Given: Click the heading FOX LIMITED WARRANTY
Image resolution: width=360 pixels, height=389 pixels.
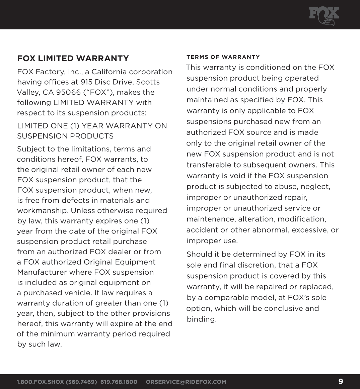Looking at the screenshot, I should [x=73, y=59].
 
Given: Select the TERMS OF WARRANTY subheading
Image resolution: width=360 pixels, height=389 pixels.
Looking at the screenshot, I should [x=223, y=57].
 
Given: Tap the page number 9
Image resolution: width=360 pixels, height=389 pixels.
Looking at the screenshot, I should [x=341, y=382].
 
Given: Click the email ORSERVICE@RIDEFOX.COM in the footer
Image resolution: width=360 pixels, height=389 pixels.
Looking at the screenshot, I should [x=186, y=382].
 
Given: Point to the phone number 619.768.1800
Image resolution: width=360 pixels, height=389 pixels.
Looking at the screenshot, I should [x=119, y=382].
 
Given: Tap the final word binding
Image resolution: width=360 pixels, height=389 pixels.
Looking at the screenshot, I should [x=202, y=319].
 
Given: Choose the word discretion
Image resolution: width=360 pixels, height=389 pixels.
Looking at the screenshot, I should [x=256, y=265].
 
